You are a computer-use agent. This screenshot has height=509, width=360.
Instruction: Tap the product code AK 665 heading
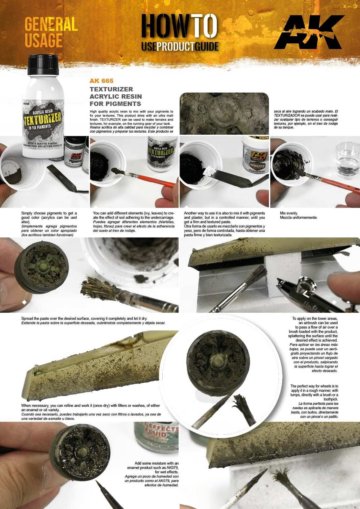click(x=102, y=81)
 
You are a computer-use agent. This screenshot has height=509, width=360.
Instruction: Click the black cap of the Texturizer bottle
click(x=43, y=65)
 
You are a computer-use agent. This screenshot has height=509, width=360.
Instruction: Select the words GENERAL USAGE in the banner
click(x=51, y=32)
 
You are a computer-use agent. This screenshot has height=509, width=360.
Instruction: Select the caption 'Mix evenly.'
click(x=289, y=213)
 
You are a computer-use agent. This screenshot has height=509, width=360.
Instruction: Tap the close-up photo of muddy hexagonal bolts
click(x=224, y=113)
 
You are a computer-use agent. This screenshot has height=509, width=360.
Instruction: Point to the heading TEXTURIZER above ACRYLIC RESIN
click(x=111, y=89)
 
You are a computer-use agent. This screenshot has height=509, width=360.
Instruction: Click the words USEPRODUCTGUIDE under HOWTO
click(x=180, y=46)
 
